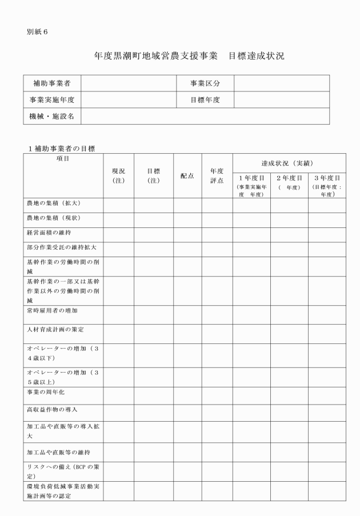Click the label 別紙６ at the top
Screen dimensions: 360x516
(37, 31)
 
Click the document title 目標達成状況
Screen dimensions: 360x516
(256, 56)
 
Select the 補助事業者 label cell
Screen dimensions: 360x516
(52, 83)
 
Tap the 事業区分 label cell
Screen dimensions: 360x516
(205, 83)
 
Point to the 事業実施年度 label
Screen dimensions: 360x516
(52, 100)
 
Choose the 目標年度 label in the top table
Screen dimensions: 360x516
(205, 100)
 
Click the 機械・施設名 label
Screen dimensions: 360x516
(52, 117)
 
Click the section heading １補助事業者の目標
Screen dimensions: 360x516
(62, 149)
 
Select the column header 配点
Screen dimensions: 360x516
(187, 176)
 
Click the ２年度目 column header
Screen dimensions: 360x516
(289, 178)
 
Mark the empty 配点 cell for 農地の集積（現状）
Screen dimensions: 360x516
(187, 218)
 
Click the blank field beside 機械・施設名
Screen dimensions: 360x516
(205, 117)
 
